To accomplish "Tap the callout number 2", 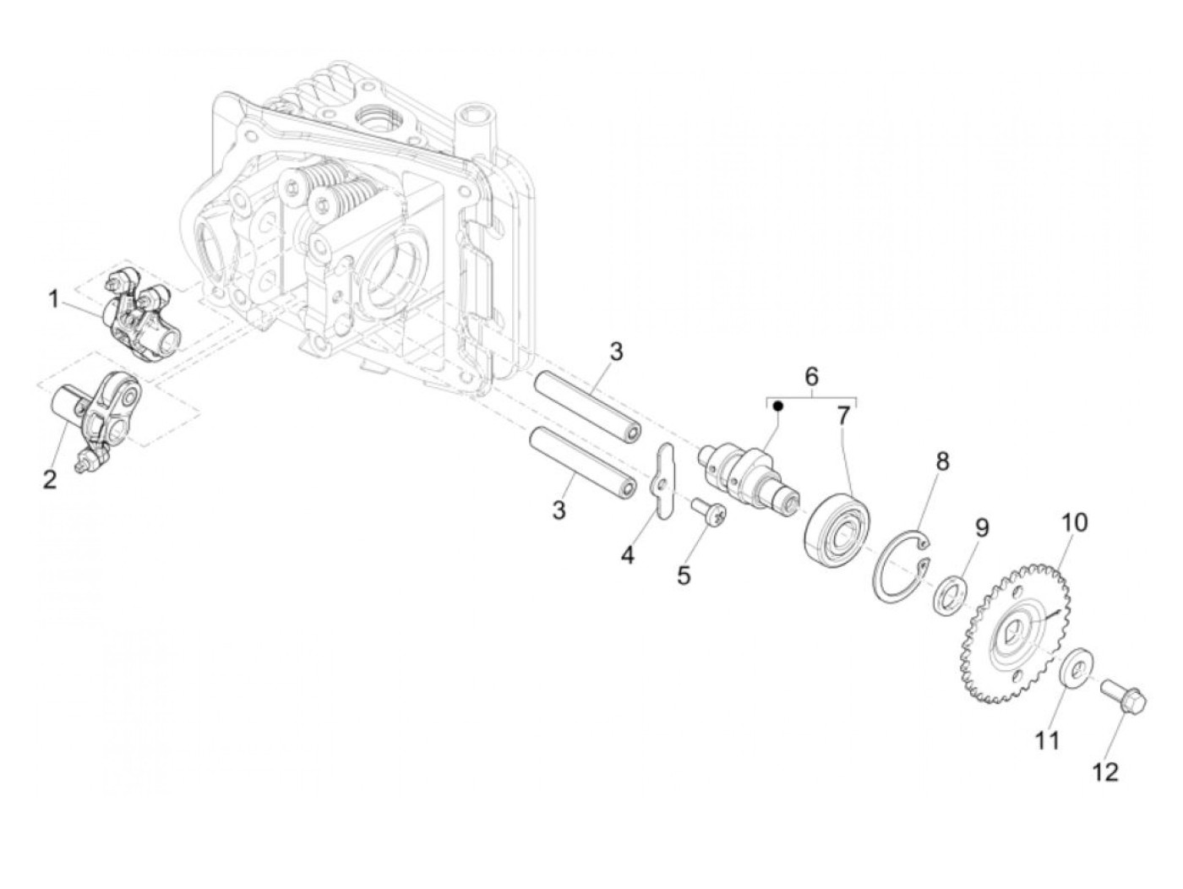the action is pos(50,480).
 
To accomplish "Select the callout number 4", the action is pos(627,555).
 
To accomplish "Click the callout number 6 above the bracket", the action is pos(810,374).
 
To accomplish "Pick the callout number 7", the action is pos(844,416).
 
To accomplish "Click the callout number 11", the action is pos(1048,741).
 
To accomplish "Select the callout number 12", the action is pos(1106,771).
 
